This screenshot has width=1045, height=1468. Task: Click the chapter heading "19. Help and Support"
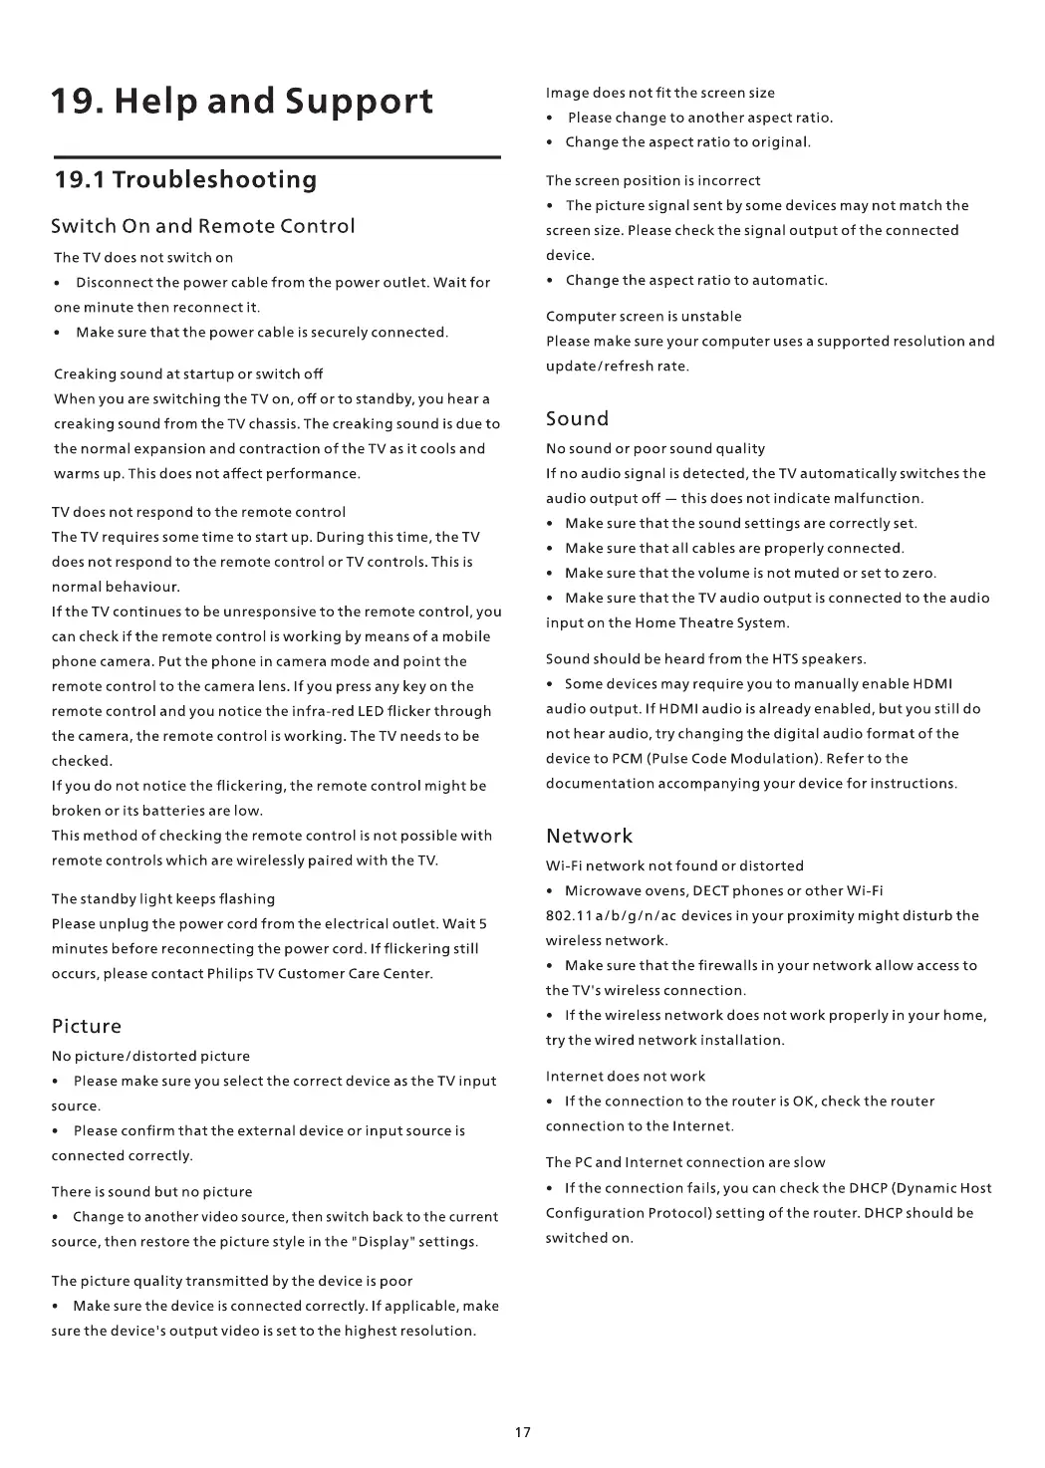pyautogui.click(x=243, y=102)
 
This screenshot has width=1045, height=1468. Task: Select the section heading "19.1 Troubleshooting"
pyautogui.click(x=185, y=180)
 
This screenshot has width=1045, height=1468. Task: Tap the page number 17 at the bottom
pyautogui.click(x=523, y=1432)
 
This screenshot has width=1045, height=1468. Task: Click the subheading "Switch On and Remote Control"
pyautogui.click(x=203, y=226)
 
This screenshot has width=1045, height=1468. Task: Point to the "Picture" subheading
pyautogui.click(x=87, y=1027)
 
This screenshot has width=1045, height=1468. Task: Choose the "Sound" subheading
pyautogui.click(x=577, y=419)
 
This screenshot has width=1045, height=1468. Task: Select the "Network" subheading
pyautogui.click(x=589, y=837)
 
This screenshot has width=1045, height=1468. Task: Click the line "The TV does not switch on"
pyautogui.click(x=143, y=258)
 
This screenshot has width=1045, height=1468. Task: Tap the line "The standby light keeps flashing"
pyautogui.click(x=163, y=899)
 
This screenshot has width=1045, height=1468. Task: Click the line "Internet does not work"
pyautogui.click(x=626, y=1077)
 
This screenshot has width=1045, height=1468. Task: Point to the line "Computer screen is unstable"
pyautogui.click(x=644, y=317)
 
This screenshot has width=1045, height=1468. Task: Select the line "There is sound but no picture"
pyautogui.click(x=151, y=1192)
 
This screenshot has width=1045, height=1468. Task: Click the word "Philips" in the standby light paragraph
pyautogui.click(x=231, y=974)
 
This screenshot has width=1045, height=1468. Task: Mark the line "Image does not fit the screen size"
pyautogui.click(x=660, y=94)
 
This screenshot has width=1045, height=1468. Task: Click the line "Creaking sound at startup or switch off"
pyautogui.click(x=188, y=374)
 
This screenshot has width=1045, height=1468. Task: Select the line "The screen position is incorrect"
pyautogui.click(x=653, y=181)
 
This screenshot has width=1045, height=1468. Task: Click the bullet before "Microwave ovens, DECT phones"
pyautogui.click(x=551, y=891)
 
